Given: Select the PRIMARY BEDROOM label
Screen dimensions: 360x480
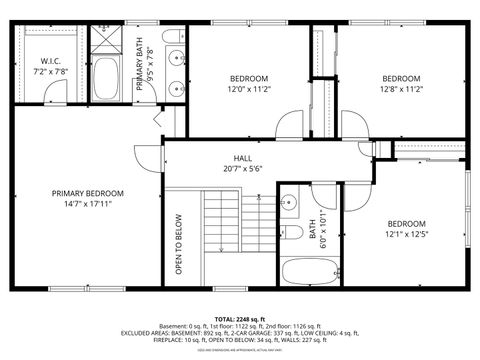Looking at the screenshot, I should [88, 193].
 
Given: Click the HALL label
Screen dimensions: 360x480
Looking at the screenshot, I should [243, 158].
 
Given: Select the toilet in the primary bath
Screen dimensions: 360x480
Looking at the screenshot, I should [173, 40].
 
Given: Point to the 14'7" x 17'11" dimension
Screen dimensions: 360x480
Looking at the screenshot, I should [88, 204].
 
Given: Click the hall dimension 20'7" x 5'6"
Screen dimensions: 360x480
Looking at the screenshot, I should [243, 169].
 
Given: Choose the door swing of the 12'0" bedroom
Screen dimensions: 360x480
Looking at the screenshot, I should [289, 127].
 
